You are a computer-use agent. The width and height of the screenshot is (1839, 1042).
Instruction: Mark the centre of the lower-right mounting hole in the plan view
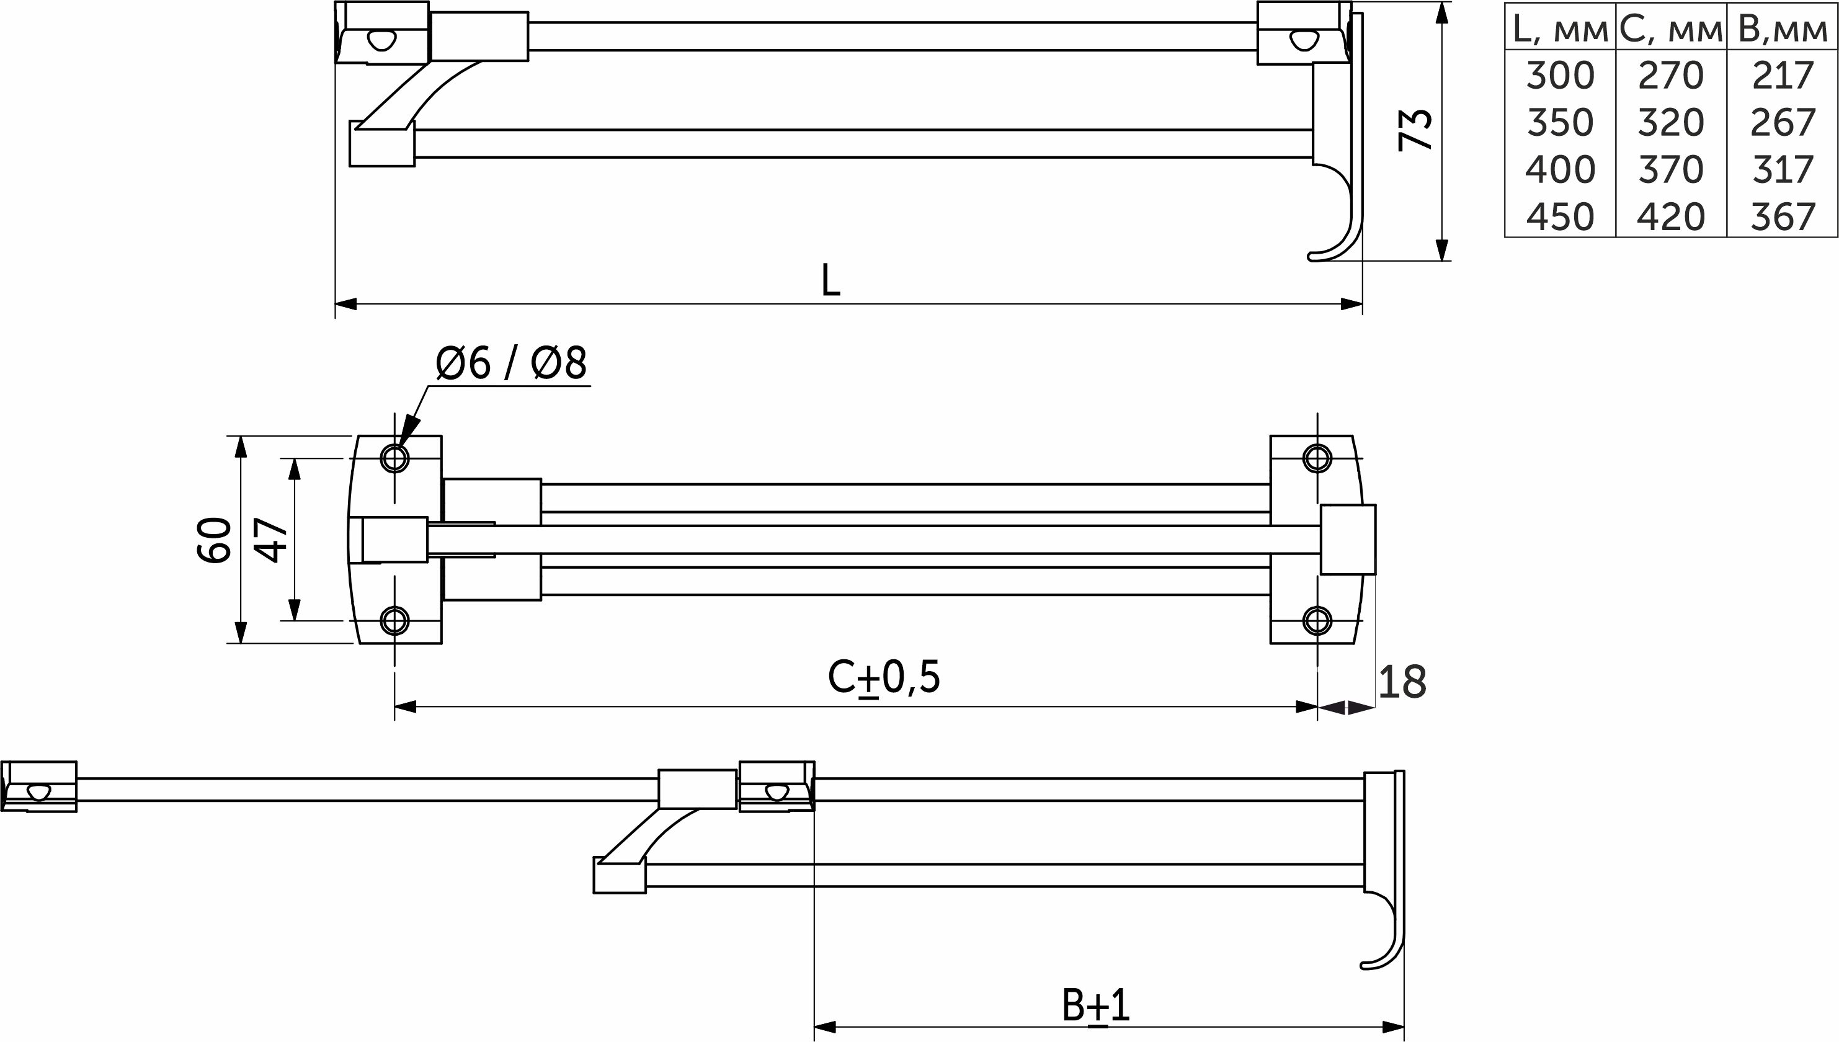[x=1317, y=620]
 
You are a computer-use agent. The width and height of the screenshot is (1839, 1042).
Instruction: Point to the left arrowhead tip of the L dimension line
[x=336, y=304]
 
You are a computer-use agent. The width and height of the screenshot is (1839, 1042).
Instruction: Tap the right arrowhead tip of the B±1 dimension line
[x=1405, y=1028]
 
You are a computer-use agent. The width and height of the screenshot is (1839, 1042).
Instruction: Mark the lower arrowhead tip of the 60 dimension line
[x=241, y=643]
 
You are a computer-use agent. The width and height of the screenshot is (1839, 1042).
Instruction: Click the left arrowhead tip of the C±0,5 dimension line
[x=395, y=707]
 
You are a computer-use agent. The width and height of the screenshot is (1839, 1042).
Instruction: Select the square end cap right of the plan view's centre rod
[x=1348, y=540]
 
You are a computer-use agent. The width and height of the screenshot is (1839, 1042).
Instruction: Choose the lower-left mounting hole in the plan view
[x=394, y=620]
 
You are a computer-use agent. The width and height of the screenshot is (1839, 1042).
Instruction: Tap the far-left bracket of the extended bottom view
[x=39, y=786]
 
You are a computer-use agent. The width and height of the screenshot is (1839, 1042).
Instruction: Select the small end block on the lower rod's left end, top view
[x=382, y=144]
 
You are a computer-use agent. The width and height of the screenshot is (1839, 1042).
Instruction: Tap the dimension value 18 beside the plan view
[x=1402, y=682]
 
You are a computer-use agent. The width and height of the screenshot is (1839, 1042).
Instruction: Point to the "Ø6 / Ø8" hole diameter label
[x=511, y=363]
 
